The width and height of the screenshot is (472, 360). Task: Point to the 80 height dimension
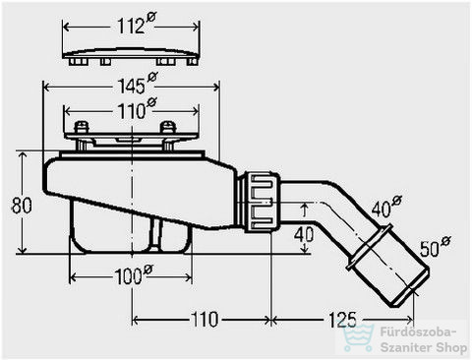(22, 206)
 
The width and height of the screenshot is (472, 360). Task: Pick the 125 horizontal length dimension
(342, 319)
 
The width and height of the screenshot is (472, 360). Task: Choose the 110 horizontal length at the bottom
(204, 319)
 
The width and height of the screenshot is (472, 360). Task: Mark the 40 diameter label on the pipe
(386, 206)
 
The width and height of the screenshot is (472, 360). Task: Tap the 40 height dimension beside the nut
(304, 234)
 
